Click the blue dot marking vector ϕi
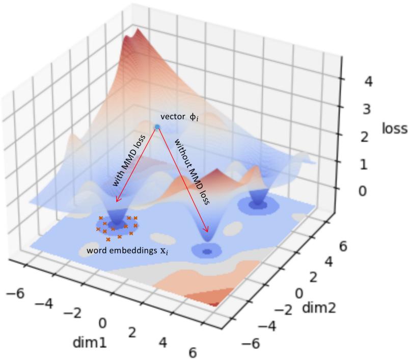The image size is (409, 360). tap(157, 126)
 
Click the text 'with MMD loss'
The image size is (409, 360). tap(128, 161)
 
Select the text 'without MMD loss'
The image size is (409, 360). tap(192, 171)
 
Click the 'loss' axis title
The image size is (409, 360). tap(395, 128)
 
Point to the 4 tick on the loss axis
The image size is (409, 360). tap(366, 82)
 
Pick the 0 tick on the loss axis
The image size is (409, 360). tap(363, 191)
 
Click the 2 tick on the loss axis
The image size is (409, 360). tap(364, 137)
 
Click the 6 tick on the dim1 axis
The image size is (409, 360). tap(192, 352)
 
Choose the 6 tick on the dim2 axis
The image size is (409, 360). tap(343, 247)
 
